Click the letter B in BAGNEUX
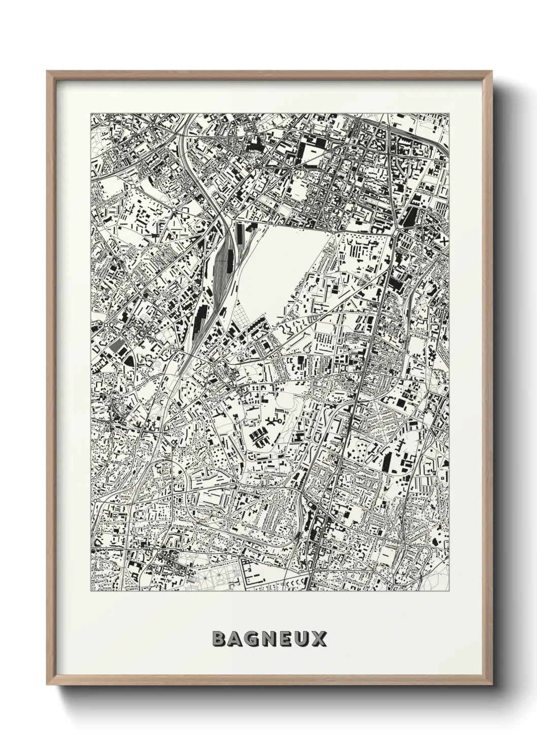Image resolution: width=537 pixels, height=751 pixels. point(219,639)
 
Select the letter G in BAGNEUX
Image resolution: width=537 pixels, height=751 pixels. point(253,639)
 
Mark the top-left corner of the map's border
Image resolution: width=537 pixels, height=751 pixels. point(91,113)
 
